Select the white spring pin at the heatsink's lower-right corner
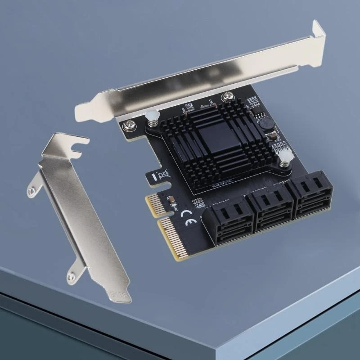click(x=283, y=158)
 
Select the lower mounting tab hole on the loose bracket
click(x=70, y=275)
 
